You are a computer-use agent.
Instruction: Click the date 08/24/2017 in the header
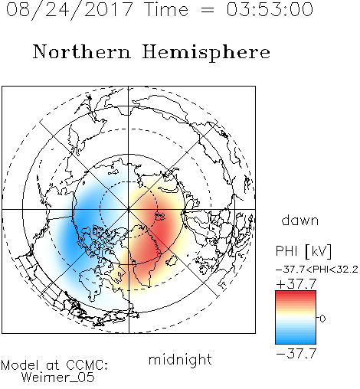[x=69, y=10]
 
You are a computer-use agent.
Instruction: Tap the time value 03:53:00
[x=270, y=9]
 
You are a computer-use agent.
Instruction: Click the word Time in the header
[x=166, y=9]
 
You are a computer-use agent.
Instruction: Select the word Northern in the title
[x=82, y=51]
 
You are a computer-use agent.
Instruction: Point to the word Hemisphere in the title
[x=206, y=53]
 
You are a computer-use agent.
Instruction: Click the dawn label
[x=300, y=220]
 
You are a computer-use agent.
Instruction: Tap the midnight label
[x=180, y=359]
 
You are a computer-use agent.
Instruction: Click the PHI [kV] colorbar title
[x=303, y=251]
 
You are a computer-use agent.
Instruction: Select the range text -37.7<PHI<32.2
[x=317, y=270]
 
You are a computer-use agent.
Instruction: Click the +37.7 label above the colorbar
[x=296, y=283]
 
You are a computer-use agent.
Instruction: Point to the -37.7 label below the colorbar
[x=296, y=354]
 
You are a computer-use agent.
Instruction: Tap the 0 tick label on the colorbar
[x=322, y=319]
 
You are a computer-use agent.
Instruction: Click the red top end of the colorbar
[x=296, y=293]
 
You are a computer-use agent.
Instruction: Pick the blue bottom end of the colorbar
[x=296, y=341]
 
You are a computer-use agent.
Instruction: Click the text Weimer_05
[x=58, y=378]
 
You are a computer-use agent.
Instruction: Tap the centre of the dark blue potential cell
[x=77, y=224]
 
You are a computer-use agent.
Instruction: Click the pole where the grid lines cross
[x=129, y=209]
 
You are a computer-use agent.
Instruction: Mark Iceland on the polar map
[x=172, y=261]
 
